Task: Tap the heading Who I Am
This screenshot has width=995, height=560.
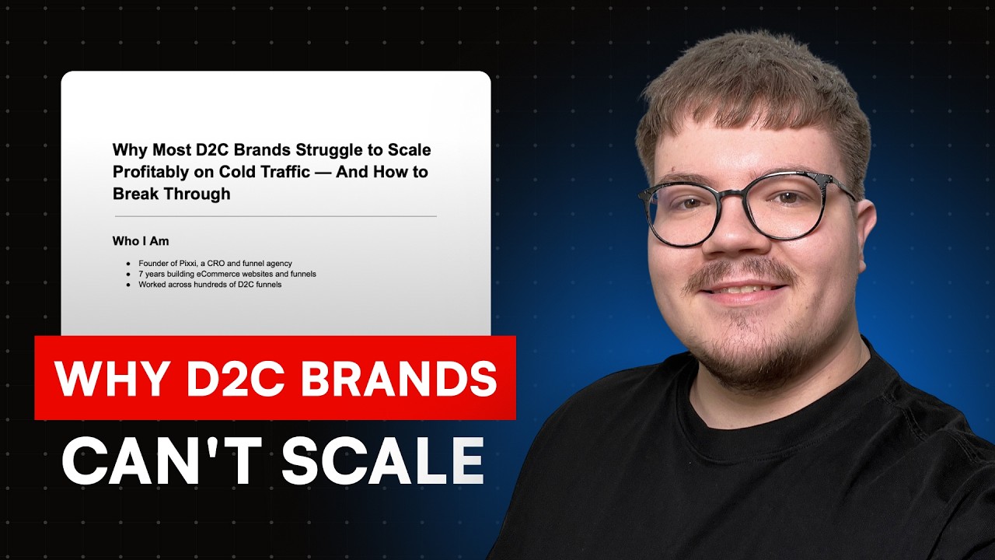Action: (x=141, y=241)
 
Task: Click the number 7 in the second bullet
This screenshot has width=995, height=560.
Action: (x=141, y=275)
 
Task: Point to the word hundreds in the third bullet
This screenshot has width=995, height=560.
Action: (x=222, y=285)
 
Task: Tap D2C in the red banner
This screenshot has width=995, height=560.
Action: (x=231, y=379)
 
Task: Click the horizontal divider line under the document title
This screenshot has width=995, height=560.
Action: (x=275, y=215)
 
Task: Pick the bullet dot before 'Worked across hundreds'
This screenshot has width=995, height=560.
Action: (x=128, y=285)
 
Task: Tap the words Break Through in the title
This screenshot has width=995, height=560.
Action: (x=172, y=194)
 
